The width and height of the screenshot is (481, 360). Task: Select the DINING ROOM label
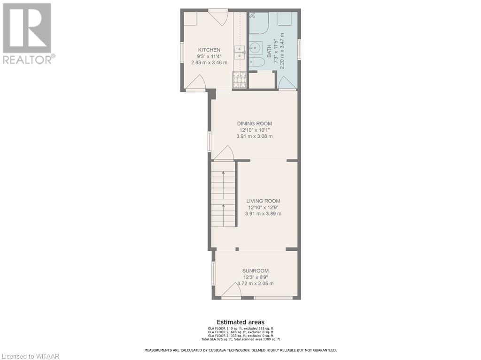point(254,124)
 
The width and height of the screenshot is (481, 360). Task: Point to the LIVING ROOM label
point(263,201)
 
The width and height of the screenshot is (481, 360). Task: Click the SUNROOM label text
point(256,271)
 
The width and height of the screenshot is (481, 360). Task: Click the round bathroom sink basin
point(256,47)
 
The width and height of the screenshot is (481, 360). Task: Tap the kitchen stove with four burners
point(239,80)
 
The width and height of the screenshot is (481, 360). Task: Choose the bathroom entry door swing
point(287,83)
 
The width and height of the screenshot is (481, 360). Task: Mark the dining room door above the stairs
point(224,153)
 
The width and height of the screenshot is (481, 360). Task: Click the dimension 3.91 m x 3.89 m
point(263,214)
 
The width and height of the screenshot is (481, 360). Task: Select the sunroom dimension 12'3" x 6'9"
point(256,277)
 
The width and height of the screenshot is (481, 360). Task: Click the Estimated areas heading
point(240,322)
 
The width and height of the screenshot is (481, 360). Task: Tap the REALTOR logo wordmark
point(28,60)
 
